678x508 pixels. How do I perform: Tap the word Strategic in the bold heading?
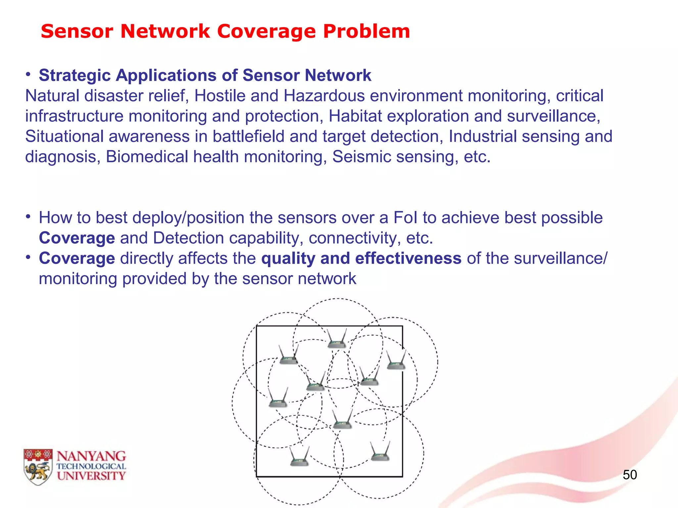coord(74,75)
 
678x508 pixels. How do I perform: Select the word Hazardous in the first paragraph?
coord(324,96)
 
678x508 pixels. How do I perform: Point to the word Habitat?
coord(355,116)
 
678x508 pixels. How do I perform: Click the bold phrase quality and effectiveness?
coord(361,259)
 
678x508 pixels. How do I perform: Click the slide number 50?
coord(630,475)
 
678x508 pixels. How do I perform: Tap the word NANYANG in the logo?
coord(91,456)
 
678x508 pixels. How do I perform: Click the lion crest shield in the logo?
coord(38,467)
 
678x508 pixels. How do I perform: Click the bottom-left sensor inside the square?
coord(299,458)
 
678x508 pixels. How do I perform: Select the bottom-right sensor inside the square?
coord(380,453)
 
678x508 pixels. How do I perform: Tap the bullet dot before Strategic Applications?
coord(29,74)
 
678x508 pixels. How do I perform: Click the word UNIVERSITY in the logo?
coord(91,476)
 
